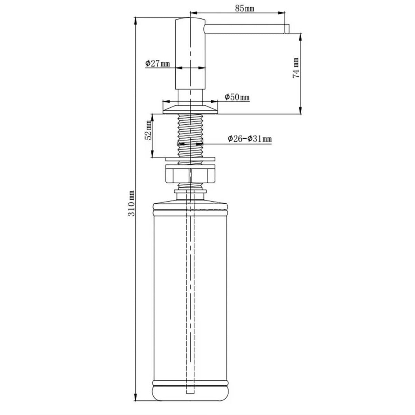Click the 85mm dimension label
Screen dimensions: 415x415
coord(244,8)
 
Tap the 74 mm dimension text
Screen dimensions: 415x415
coord(296,68)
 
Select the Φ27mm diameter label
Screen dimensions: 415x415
coord(157,64)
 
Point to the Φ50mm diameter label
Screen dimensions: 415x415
coord(237,97)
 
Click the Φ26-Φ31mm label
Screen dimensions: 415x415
coord(250,139)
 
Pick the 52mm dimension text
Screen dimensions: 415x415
coord(148,133)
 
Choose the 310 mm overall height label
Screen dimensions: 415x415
coord(131,203)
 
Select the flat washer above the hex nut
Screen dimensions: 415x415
coord(190,159)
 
